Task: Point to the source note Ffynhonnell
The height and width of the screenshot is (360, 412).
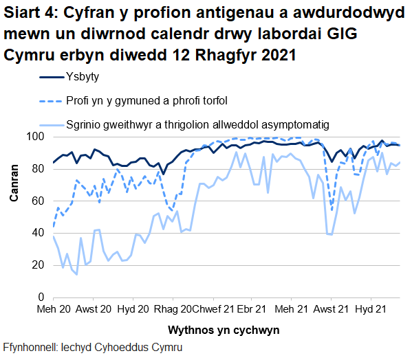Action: point(93,348)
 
